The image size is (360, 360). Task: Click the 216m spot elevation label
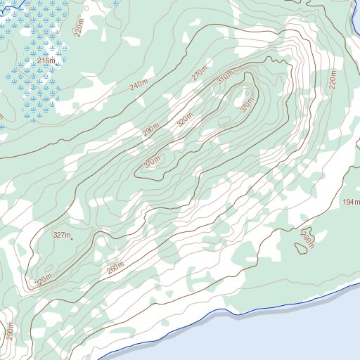45,61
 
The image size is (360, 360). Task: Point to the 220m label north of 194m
334,80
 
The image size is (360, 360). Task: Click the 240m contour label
140,84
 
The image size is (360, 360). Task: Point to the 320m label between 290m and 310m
184,121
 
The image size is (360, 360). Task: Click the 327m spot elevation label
62,236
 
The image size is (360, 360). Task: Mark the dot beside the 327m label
72,239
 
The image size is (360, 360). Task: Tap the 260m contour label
115,269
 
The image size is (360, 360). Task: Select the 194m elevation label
351,202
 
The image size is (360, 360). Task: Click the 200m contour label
306,240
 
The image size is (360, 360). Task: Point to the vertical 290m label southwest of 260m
10,330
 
